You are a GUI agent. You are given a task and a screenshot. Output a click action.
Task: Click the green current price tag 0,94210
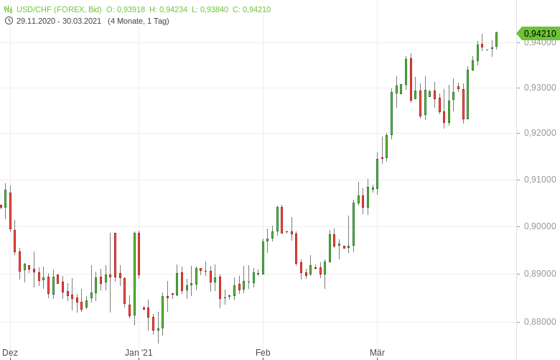pos(539,33)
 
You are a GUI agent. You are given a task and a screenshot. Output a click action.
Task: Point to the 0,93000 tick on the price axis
pos(540,88)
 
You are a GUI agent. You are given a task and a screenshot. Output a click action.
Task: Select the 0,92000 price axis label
pos(540,133)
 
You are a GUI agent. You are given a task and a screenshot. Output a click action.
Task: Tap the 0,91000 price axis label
pos(540,180)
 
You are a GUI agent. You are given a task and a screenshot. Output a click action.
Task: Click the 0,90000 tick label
pos(540,226)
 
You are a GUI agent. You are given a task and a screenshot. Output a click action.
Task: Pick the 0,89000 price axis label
pos(540,274)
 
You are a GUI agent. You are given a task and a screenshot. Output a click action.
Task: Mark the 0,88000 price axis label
pos(540,322)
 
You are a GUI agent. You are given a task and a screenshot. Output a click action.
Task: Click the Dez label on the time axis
pos(10,353)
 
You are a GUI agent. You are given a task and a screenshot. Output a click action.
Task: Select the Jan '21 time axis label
pos(139,353)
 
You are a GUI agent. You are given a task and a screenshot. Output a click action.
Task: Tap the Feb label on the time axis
pos(263,353)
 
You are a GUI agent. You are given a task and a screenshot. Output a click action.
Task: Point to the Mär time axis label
pos(377,353)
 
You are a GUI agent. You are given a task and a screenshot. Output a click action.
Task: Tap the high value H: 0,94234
pos(168,9)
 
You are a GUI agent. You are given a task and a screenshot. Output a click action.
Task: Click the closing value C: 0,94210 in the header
pos(251,9)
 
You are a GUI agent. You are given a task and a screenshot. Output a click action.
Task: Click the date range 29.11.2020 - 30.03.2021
pos(60,21)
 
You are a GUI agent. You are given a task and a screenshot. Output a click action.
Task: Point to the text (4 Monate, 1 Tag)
pos(139,21)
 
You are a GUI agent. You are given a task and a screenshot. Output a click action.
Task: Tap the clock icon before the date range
pos(9,21)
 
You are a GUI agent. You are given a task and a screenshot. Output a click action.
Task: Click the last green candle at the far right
pos(496,40)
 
